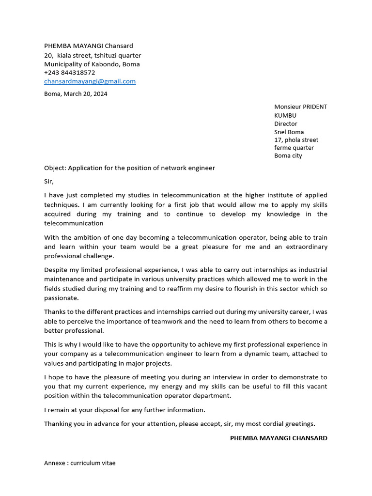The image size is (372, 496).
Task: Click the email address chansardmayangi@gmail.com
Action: pos(90,81)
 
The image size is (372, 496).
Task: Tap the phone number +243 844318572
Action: pos(70,73)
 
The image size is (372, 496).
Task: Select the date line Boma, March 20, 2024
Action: pos(76,94)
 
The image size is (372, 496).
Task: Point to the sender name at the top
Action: pos(89,46)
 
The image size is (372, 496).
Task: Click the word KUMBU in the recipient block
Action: pos(285,115)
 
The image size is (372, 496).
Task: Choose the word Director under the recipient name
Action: pos(286,124)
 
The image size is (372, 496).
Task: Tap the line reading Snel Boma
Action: pos(289,132)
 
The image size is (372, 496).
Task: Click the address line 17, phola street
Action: pos(296,140)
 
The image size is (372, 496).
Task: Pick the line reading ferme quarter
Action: pos(294,148)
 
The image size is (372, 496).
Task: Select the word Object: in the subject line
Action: pos(55,168)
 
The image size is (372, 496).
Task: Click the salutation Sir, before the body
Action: pos(49,182)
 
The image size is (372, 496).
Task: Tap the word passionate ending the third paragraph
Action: pos(61,298)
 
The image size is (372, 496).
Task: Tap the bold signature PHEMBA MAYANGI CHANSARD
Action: pos(279,438)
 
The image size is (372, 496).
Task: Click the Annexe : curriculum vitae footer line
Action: pos(80,463)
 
